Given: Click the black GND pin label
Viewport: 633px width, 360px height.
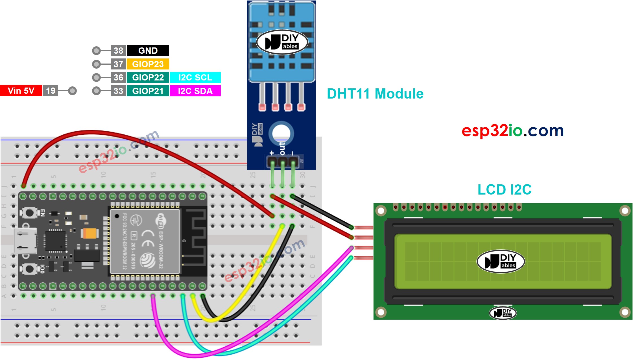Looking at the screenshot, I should pyautogui.click(x=148, y=51).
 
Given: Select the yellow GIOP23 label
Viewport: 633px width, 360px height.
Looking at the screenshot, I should pyautogui.click(x=148, y=64).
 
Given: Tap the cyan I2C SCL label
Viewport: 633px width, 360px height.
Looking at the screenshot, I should pyautogui.click(x=195, y=77).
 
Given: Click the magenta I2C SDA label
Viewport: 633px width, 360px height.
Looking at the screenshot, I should pyautogui.click(x=195, y=91).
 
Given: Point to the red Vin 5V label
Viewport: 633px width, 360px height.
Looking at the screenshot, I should pyautogui.click(x=21, y=91).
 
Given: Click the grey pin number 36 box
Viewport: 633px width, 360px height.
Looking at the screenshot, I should pyautogui.click(x=118, y=77).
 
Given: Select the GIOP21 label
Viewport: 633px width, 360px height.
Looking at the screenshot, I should pyautogui.click(x=148, y=91).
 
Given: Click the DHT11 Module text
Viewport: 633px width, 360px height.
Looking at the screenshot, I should pyautogui.click(x=375, y=94).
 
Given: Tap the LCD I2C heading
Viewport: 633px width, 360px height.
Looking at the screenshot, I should pyautogui.click(x=504, y=189).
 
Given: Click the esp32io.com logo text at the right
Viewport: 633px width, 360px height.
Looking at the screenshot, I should pyautogui.click(x=512, y=131).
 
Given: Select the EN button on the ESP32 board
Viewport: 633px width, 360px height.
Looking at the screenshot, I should pyautogui.click(x=29, y=212).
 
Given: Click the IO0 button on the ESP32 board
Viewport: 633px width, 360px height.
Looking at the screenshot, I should pyautogui.click(x=29, y=269).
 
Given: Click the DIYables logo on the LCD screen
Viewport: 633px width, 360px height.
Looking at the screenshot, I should pyautogui.click(x=501, y=261).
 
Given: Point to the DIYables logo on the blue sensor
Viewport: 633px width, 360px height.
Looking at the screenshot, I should pyautogui.click(x=282, y=42).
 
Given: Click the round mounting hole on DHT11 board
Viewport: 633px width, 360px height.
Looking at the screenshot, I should pyautogui.click(x=281, y=133).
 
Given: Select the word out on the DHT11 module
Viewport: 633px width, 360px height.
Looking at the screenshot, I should pyautogui.click(x=282, y=149).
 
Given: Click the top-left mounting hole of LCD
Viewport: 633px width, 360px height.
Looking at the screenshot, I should pyautogui.click(x=381, y=211).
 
